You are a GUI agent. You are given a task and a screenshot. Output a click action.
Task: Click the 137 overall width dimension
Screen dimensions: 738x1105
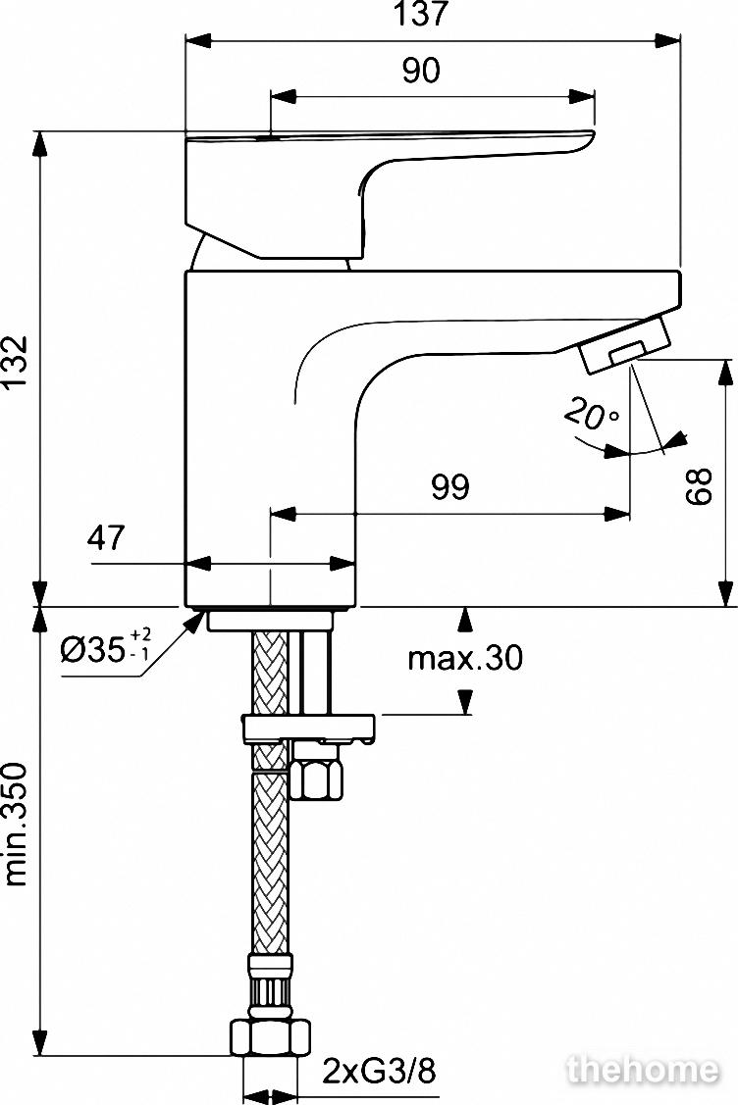(420, 14)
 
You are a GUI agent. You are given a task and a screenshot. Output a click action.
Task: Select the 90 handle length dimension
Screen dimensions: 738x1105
(420, 70)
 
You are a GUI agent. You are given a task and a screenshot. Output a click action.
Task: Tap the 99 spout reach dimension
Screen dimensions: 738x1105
(449, 487)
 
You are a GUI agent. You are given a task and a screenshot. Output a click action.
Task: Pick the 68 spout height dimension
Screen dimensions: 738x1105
(699, 485)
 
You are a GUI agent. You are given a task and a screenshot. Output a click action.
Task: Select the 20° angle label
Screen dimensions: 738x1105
(591, 415)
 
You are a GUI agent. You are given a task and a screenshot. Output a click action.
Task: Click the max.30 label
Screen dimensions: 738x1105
(465, 658)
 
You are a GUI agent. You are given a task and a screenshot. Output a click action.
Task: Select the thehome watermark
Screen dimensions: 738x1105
(643, 1070)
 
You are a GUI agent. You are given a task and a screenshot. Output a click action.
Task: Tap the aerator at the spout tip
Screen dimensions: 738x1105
(624, 344)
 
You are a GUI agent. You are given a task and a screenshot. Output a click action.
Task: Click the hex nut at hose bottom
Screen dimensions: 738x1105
(270, 1036)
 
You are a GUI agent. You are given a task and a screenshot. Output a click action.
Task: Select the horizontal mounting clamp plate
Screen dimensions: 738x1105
(308, 728)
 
